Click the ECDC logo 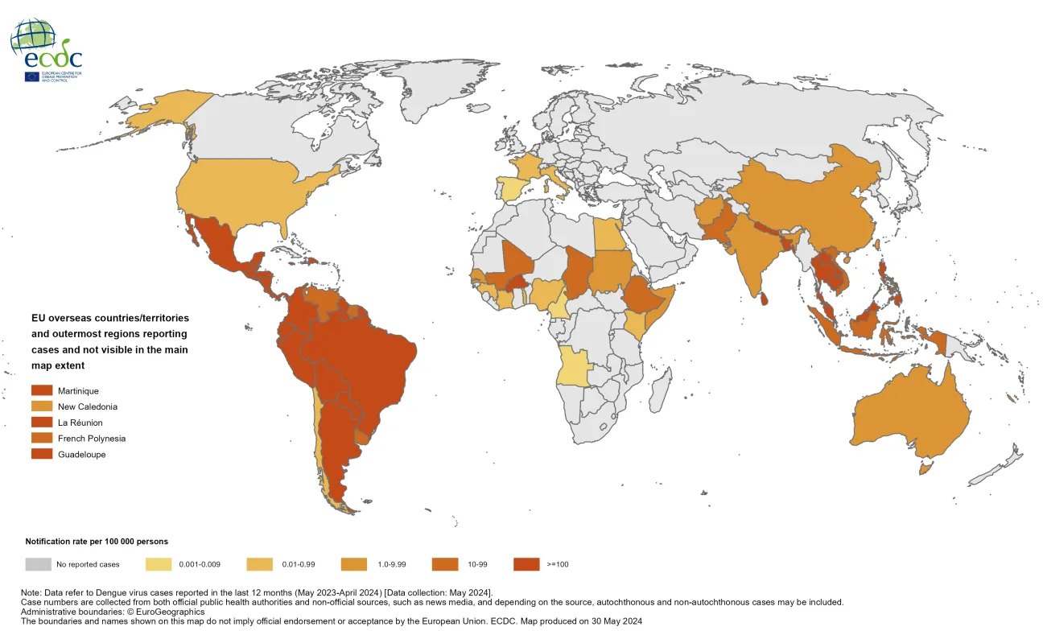coord(46,48)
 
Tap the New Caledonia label coord(88,406)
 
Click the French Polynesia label coord(91,439)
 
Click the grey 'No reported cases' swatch coord(39,564)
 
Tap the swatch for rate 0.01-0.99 coord(258,564)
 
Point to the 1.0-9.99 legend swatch coord(355,564)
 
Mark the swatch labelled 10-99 coord(445,564)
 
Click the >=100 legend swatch coord(527,564)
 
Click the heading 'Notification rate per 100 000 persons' coord(97,542)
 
